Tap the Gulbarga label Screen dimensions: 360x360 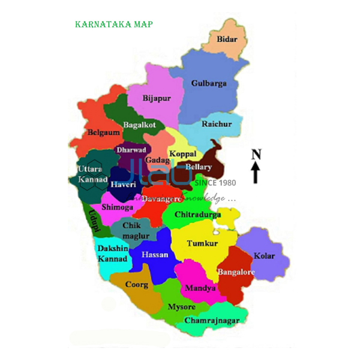[208, 83]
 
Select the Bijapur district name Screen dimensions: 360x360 [157, 98]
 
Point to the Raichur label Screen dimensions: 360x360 [217, 124]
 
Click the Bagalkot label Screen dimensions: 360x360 [139, 125]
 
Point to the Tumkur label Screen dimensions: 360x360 [202, 243]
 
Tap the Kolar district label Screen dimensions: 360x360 [264, 256]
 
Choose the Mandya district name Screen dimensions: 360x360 [200, 288]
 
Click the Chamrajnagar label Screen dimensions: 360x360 [212, 320]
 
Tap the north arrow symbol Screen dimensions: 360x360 [256, 173]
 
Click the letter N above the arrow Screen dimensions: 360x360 [256, 154]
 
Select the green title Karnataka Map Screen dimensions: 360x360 [113, 25]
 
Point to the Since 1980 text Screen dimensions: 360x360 [215, 183]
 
